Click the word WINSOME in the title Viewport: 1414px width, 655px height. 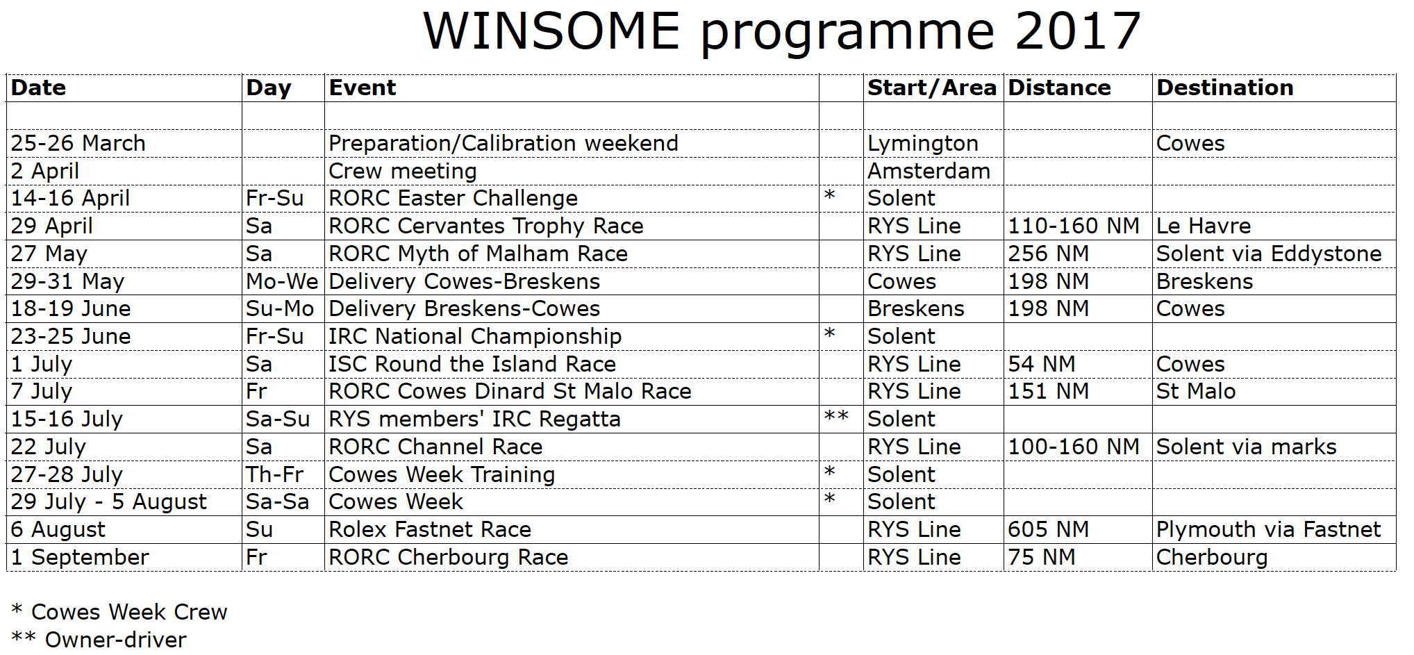coord(551,31)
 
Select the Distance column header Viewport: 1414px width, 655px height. coord(1059,88)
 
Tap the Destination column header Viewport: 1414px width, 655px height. coord(1224,88)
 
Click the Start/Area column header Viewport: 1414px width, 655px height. coord(932,88)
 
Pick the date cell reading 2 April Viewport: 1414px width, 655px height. coord(45,171)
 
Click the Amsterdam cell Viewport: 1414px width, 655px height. coord(929,171)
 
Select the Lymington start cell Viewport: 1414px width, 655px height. coord(923,144)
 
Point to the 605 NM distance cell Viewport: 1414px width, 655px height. coord(1048,529)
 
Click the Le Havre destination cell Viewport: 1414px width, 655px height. coord(1204,226)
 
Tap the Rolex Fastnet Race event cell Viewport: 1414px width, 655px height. coord(430,529)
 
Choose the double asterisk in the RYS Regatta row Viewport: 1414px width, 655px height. coord(836,417)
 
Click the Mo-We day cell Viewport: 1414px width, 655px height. coord(282,281)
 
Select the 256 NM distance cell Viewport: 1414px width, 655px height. coord(1048,254)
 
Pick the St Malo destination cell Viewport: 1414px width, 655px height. coord(1196,391)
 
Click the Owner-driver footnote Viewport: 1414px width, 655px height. coord(99,639)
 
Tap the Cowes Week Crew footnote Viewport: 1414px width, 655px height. coord(119,611)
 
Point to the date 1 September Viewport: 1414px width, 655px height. coord(80,557)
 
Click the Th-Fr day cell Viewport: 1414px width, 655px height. coord(274,474)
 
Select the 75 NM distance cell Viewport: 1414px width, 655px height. coord(1041,557)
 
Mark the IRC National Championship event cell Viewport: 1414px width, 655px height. coord(475,336)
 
